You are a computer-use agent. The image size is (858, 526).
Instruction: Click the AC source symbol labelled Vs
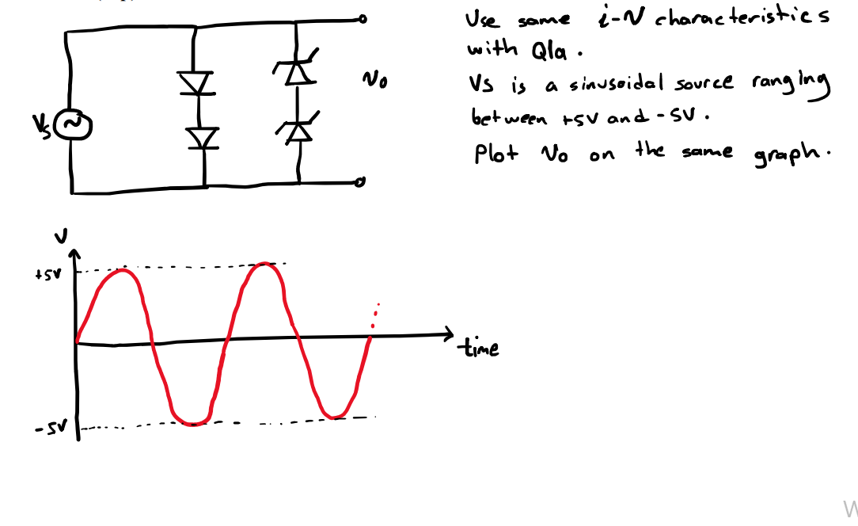(78, 124)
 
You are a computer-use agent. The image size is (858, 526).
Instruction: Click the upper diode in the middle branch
(195, 82)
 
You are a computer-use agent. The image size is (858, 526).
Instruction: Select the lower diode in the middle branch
(203, 138)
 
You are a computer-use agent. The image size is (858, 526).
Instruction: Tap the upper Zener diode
(296, 71)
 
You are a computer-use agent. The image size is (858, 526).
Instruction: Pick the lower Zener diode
(298, 128)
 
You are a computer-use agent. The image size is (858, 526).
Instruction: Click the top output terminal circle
(362, 19)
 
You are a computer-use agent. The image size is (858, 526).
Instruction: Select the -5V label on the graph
(46, 429)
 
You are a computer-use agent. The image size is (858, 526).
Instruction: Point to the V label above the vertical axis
(66, 234)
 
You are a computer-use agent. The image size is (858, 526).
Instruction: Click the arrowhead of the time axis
(450, 333)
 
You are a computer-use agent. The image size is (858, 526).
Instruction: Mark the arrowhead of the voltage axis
(75, 253)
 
